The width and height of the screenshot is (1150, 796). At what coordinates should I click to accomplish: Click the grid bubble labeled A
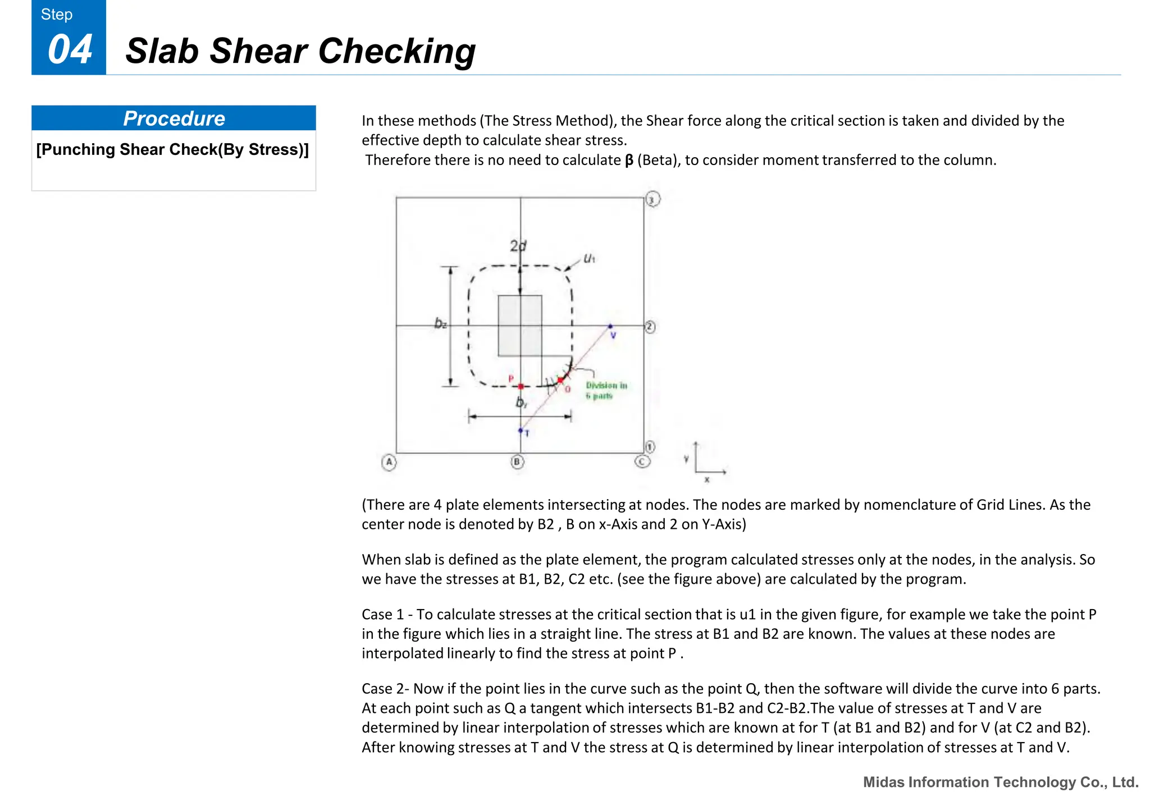tap(389, 462)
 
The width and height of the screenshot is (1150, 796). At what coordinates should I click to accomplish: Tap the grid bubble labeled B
tap(517, 462)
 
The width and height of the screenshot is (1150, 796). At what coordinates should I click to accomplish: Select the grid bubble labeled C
tap(642, 461)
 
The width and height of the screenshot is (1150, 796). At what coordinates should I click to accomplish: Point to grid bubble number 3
tap(652, 199)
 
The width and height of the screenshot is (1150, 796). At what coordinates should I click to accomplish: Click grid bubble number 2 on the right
tap(650, 327)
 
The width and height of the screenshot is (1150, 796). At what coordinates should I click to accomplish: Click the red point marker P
tap(521, 386)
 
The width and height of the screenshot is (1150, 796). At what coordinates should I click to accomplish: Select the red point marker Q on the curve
tap(560, 381)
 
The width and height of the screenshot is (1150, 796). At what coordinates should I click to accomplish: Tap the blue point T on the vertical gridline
tap(521, 431)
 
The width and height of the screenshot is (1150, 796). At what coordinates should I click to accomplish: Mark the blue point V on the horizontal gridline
tap(610, 326)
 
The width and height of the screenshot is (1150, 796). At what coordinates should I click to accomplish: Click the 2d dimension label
tap(518, 246)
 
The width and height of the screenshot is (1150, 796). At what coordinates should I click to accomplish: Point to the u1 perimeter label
tap(589, 258)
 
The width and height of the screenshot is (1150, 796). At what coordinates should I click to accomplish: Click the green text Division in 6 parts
tap(605, 390)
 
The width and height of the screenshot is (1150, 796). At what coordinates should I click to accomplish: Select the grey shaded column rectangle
tap(520, 326)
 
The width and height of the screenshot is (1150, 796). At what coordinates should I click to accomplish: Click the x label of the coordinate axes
tap(707, 480)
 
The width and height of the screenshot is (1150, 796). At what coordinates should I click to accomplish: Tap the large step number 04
tap(70, 49)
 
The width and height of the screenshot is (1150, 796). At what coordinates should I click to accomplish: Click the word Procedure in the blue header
tap(174, 118)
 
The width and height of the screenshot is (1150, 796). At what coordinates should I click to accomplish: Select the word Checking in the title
tap(396, 51)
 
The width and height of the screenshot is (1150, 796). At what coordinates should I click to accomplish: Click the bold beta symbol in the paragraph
tap(629, 161)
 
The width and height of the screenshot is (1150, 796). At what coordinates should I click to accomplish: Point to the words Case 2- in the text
tap(385, 689)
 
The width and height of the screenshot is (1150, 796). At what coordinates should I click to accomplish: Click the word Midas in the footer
tap(883, 782)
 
